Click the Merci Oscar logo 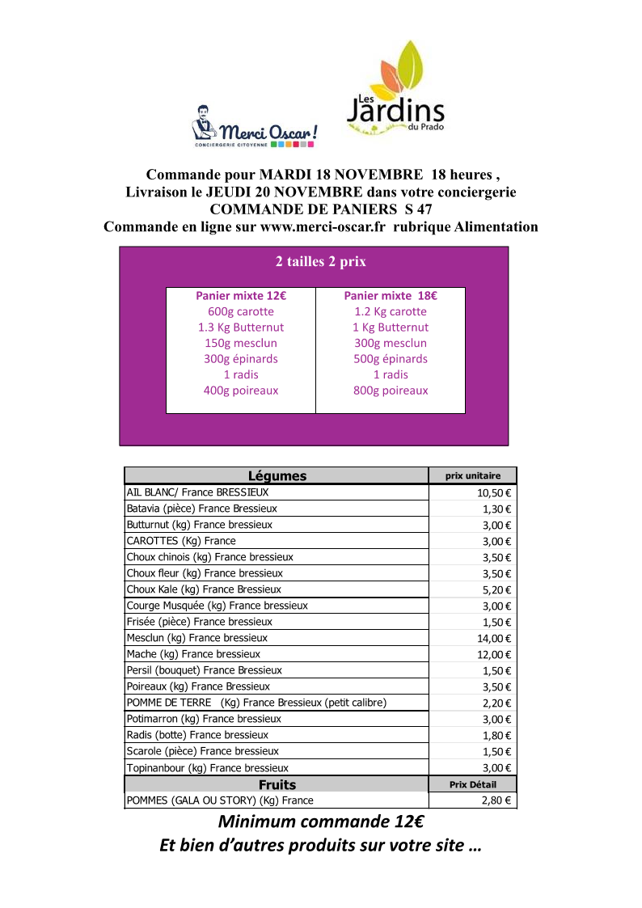[x=253, y=127]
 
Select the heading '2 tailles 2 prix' [x=321, y=262]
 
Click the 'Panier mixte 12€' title [x=241, y=296]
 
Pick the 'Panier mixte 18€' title [x=391, y=296]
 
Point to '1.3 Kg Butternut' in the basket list [x=241, y=327]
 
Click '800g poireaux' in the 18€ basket [x=391, y=391]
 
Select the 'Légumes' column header [x=277, y=476]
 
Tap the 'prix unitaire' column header [x=473, y=476]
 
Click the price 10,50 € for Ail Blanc [x=494, y=492]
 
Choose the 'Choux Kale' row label [x=204, y=589]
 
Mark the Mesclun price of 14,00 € [x=494, y=638]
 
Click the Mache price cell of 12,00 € [x=494, y=654]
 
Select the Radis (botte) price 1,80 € [x=496, y=735]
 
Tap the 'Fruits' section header [x=277, y=784]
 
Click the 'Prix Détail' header [x=473, y=784]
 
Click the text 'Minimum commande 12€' [x=321, y=822]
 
